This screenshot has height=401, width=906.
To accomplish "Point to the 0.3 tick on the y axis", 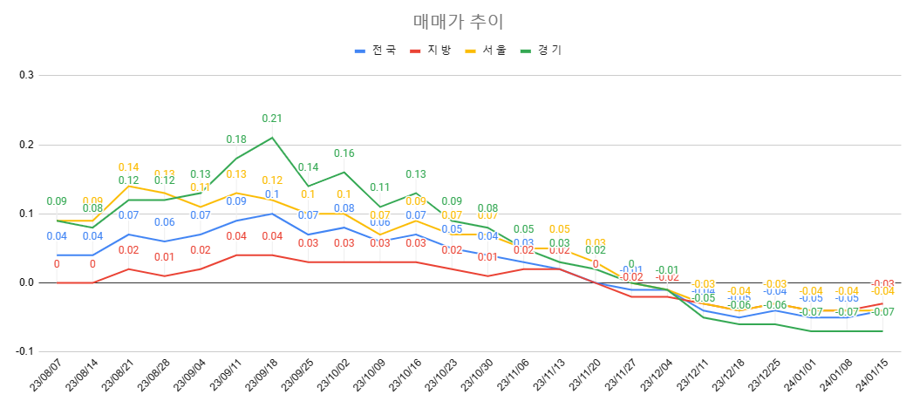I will click(26, 75).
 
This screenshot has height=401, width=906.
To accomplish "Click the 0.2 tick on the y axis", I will click(26, 144).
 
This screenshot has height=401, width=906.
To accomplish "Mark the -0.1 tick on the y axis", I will click(24, 351).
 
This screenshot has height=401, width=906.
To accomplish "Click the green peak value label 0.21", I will click(272, 119).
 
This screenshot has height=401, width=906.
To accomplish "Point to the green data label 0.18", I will click(236, 139).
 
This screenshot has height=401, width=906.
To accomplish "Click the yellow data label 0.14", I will click(129, 167).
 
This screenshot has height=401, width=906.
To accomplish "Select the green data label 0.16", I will click(344, 153).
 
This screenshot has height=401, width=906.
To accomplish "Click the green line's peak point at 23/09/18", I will click(272, 138).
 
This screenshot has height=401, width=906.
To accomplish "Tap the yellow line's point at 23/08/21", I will click(129, 186).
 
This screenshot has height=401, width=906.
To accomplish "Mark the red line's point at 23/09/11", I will click(236, 255).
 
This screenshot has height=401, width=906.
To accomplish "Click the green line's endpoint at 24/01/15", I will click(882, 331).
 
